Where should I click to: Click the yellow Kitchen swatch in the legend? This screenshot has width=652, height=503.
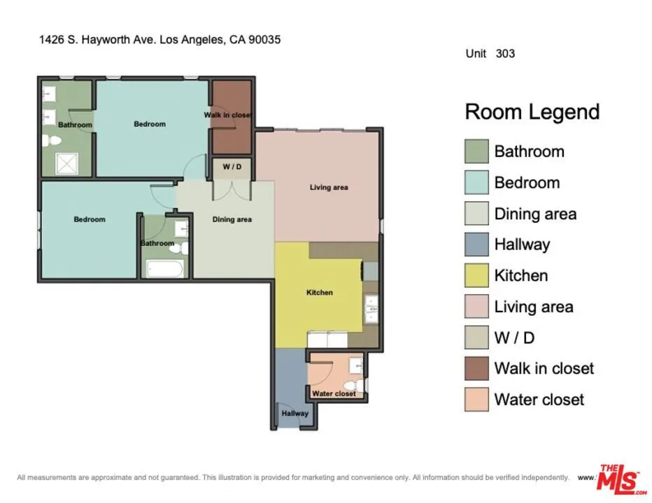(476, 275)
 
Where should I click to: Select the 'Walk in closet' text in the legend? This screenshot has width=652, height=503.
(544, 368)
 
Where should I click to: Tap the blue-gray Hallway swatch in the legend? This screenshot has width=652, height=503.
(476, 245)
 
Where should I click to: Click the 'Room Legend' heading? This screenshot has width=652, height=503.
(532, 112)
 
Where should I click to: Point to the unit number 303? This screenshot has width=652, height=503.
(505, 53)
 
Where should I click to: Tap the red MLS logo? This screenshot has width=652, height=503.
(619, 479)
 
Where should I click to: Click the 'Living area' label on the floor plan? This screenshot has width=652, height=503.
(329, 187)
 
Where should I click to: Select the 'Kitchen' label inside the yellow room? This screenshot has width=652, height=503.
(320, 292)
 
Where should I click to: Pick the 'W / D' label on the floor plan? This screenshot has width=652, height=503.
(232, 167)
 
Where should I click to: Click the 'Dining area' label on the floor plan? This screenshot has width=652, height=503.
(232, 219)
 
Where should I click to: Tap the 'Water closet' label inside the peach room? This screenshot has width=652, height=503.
(334, 393)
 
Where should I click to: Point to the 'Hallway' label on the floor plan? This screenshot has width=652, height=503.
(295, 414)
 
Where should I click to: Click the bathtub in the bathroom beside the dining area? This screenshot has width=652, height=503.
(165, 270)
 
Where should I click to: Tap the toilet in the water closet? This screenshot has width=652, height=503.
(357, 384)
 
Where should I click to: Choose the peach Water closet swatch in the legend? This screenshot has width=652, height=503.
(476, 400)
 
